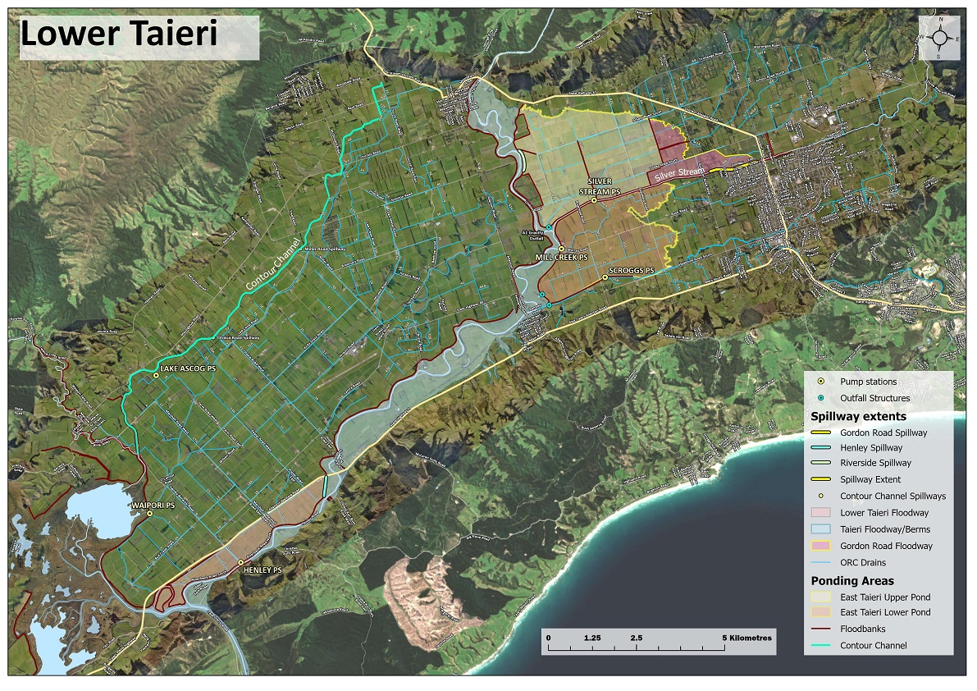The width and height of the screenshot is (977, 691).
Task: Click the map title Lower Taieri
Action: pos(119,34)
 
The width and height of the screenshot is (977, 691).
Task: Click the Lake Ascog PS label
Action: pos(187,368)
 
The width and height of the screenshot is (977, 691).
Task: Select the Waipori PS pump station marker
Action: pos(149,514)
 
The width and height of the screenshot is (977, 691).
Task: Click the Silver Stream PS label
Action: pos(605,185)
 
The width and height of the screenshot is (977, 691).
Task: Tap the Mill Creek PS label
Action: pos(562,257)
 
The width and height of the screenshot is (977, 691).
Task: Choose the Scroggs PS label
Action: pos(630,270)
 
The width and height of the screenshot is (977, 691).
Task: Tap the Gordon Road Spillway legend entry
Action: pos(883,432)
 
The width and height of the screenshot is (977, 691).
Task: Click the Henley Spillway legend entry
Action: pos(870,448)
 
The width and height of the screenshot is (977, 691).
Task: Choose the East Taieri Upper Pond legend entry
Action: pos(884,597)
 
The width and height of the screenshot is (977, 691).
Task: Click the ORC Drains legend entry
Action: pos(863,562)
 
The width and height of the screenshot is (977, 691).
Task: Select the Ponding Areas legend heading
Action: pos(853,580)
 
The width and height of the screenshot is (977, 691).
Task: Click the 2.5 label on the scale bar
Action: pos(636,637)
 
